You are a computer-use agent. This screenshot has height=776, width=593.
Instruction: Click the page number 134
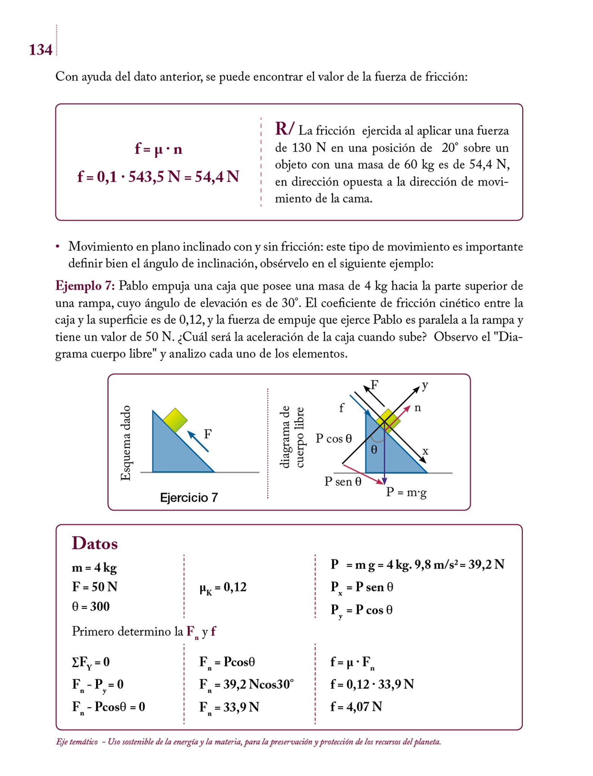pos(41,50)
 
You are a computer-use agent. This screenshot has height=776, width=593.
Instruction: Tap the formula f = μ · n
pos(158,149)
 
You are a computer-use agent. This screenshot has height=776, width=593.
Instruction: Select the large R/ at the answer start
pos(284,129)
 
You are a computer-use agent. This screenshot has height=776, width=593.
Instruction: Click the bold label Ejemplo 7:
pos(85,286)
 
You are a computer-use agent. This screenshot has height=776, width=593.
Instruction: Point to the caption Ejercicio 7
pos(189,498)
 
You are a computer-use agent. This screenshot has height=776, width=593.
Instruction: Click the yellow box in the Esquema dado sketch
pos(175,420)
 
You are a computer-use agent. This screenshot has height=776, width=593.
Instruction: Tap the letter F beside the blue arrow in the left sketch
pos(207,434)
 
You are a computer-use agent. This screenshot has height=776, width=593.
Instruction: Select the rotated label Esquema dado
pos(126,443)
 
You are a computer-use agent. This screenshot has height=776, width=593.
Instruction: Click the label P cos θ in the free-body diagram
pos(334,439)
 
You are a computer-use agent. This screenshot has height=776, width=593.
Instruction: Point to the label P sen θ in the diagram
pos(343,482)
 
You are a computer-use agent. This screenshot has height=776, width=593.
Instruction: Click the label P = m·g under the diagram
pos(406,493)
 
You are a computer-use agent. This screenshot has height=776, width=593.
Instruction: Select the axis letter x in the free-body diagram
pos(425,451)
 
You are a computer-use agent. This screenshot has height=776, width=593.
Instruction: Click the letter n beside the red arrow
pos(417,408)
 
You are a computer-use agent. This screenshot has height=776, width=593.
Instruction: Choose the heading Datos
pos(95,543)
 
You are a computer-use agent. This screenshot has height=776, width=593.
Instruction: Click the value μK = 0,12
pos(223,587)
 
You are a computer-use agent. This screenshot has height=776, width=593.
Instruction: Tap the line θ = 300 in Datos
pos(91,607)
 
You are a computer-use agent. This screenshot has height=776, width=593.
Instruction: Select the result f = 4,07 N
pos(356,707)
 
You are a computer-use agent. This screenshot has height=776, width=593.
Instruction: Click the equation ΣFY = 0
pos(91,662)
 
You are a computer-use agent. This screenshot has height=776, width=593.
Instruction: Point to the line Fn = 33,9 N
pos(229,707)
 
